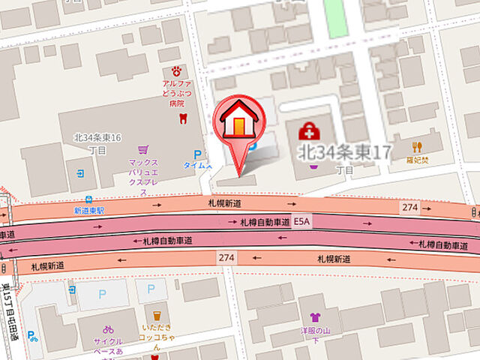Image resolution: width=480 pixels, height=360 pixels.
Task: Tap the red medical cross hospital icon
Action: click(x=307, y=133)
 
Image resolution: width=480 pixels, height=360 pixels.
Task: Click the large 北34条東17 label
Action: click(x=344, y=152)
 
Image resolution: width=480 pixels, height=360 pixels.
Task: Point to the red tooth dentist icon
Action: click(x=181, y=118)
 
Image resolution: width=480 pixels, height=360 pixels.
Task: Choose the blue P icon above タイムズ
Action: click(x=198, y=154)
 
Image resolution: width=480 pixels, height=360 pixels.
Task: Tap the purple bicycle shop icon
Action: click(x=108, y=329)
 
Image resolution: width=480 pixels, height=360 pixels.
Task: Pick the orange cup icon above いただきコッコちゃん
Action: click(x=157, y=316)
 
